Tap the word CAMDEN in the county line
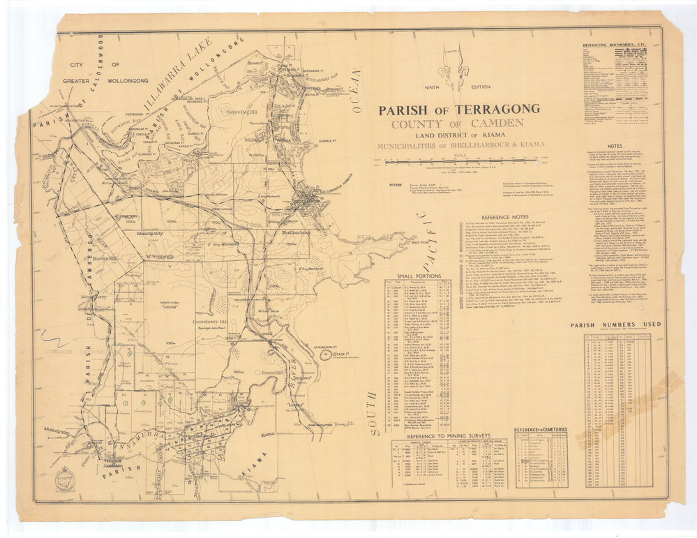tap(493, 123)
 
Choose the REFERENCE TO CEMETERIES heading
tap(541, 429)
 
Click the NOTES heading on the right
tap(615, 147)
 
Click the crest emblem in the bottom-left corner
tap(66, 479)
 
